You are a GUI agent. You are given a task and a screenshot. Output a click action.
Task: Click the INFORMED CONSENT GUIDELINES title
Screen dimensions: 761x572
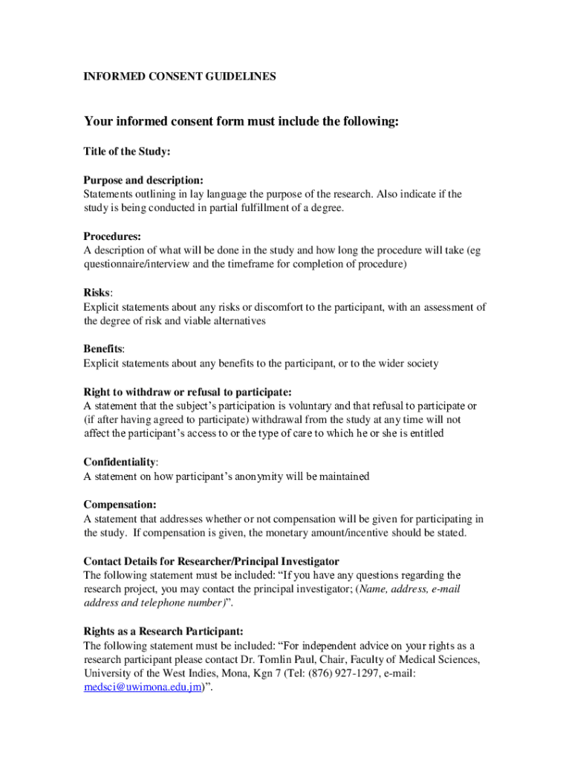[179, 76]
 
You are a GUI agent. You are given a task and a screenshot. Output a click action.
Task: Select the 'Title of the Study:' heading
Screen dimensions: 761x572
[127, 152]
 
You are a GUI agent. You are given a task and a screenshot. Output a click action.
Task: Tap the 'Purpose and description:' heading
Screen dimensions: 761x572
[143, 181]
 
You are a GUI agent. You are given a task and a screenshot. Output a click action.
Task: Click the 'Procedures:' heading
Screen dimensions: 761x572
[112, 236]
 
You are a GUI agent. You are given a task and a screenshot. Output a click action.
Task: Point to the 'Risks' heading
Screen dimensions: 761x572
[97, 293]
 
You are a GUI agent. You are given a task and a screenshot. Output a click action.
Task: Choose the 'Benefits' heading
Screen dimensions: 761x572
[103, 349]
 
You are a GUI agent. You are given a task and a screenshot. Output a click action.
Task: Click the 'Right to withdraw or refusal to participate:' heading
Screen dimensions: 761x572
[187, 392]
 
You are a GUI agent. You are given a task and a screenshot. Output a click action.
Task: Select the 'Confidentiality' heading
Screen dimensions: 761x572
[120, 462]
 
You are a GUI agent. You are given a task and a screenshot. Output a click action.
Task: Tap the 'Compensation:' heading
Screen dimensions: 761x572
[120, 505]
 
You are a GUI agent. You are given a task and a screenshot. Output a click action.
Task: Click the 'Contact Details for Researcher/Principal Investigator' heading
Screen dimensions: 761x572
[211, 561]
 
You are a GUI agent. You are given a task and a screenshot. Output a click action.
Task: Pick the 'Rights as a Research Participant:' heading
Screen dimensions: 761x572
[163, 631]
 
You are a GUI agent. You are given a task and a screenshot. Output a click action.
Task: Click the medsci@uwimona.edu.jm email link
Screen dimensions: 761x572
[143, 687]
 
